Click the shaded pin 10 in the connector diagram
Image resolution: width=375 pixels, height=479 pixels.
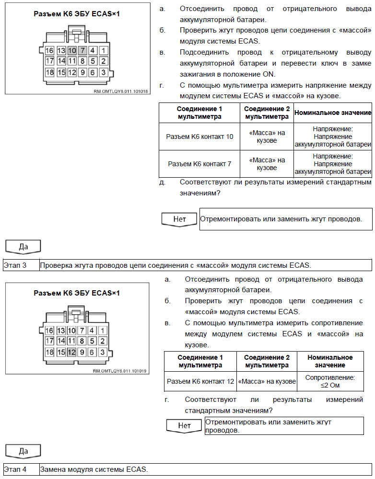[x=72, y=50]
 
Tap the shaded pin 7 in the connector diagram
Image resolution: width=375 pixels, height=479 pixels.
[x=82, y=50]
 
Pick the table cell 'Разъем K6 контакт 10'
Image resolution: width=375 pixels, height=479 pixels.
[x=199, y=137]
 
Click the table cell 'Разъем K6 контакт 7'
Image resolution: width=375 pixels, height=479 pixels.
[x=199, y=164]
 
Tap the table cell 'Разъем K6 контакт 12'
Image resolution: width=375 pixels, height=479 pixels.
[x=200, y=381]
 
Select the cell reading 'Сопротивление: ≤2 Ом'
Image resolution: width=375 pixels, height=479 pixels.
[x=330, y=381]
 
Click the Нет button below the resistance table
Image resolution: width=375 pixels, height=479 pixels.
[x=184, y=425]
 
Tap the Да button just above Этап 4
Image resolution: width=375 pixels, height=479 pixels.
[x=23, y=451]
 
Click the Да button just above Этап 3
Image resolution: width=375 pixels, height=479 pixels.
[x=23, y=247]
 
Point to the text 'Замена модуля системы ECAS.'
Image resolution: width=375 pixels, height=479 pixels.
[x=94, y=469]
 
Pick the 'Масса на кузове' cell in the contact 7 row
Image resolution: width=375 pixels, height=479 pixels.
[x=267, y=164]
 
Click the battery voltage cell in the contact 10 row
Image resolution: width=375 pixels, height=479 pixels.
[x=333, y=137]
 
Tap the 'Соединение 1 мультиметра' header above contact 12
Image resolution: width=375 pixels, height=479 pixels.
[x=200, y=361]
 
